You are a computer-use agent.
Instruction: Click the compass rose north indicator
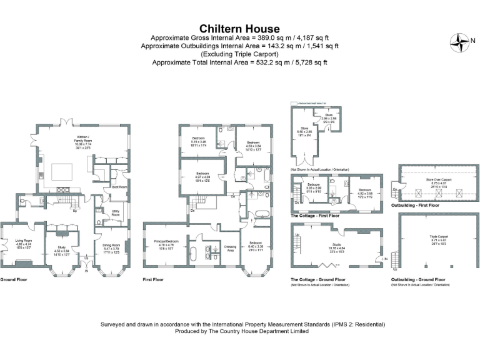(461, 42)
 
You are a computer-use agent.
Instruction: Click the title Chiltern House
(239, 29)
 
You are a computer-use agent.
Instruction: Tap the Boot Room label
(119, 187)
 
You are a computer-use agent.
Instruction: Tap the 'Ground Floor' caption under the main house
(11, 279)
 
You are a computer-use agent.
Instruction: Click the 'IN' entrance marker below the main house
(87, 271)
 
